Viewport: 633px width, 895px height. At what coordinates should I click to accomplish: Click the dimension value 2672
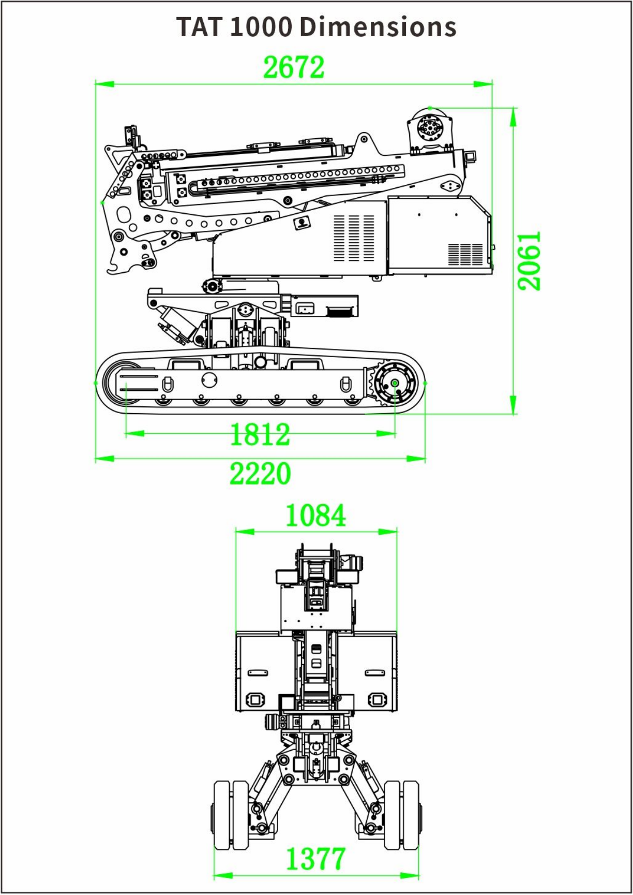294,67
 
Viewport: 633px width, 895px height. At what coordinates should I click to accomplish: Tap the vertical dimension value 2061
529,260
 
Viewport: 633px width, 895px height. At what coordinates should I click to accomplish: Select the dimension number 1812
260,434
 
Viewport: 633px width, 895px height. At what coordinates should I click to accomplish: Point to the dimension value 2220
260,474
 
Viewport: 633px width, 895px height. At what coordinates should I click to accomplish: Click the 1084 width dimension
315,516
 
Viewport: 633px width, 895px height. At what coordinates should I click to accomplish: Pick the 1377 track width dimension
315,859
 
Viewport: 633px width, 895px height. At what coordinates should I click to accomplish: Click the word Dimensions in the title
378,26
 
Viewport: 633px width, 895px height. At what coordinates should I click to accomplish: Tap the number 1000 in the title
261,27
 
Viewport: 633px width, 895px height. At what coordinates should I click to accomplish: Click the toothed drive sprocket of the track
394,383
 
